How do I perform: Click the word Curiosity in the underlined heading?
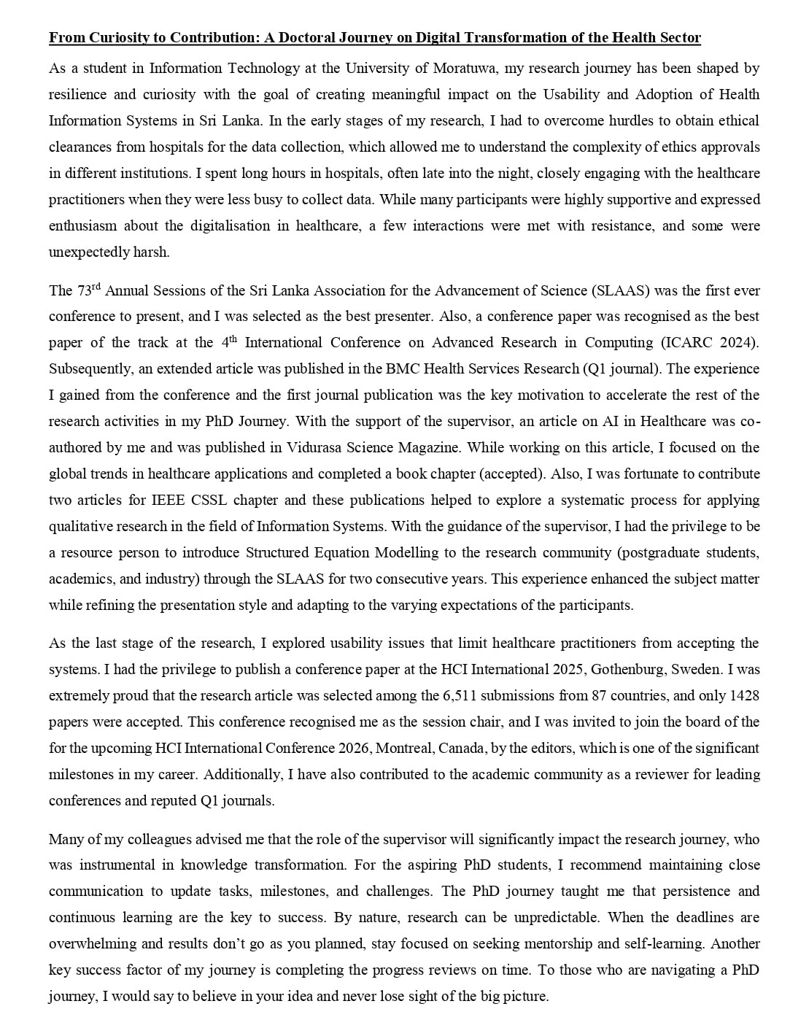(109, 38)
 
